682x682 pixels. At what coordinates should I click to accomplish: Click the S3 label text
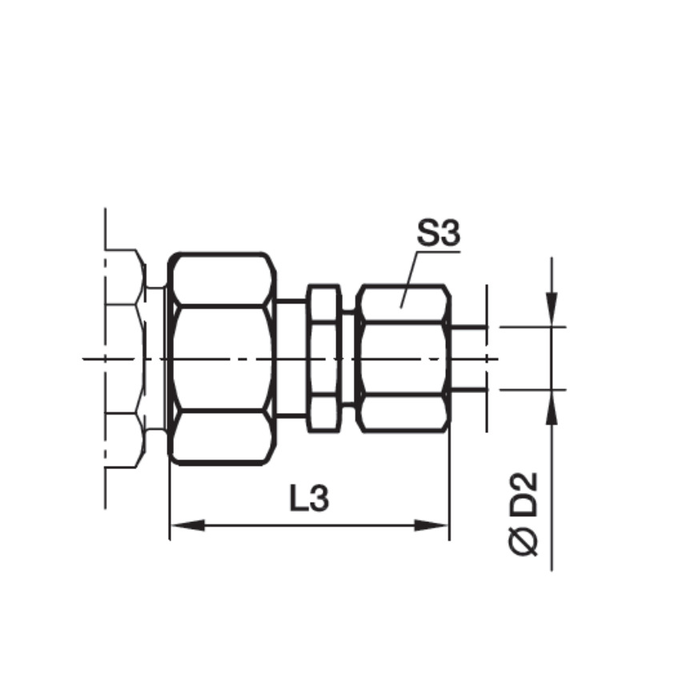pyautogui.click(x=438, y=235)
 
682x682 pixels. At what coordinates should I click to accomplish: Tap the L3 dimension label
pyautogui.click(x=308, y=499)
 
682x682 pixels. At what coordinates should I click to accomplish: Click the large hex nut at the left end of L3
pyautogui.click(x=222, y=358)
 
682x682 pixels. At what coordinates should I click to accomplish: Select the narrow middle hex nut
pyautogui.click(x=324, y=358)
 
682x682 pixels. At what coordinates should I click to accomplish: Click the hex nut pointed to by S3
pyautogui.click(x=402, y=358)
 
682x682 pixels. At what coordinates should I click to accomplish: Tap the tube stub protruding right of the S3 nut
pyautogui.click(x=468, y=358)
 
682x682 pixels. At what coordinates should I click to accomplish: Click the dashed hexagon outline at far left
pyautogui.click(x=125, y=358)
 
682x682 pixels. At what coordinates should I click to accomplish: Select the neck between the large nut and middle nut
pyautogui.click(x=291, y=358)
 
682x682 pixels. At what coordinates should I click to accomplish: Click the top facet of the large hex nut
pyautogui.click(x=222, y=279)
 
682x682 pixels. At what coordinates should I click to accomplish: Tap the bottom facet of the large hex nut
pyautogui.click(x=222, y=437)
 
